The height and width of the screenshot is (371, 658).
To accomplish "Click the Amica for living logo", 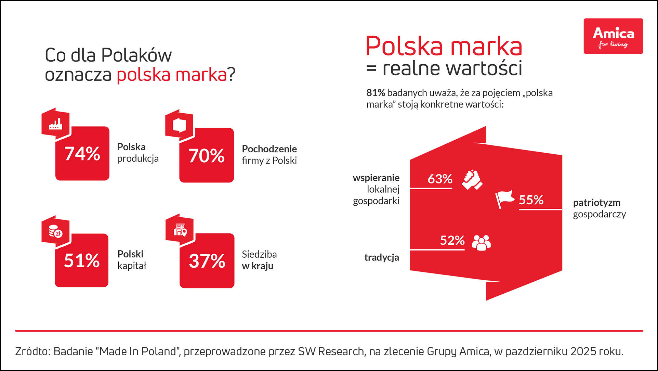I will pyautogui.click(x=613, y=36).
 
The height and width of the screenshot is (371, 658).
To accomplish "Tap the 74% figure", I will pyautogui.click(x=82, y=153).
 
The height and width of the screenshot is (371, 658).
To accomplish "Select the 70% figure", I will pyautogui.click(x=206, y=155).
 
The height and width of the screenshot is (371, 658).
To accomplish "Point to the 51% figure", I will pyautogui.click(x=82, y=260).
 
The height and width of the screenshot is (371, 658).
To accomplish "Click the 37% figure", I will pyautogui.click(x=207, y=261).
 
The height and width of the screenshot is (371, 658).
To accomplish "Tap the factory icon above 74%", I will pyautogui.click(x=55, y=124).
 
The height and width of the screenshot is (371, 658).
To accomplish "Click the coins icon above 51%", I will pyautogui.click(x=55, y=232).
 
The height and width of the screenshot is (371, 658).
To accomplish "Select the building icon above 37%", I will pyautogui.click(x=180, y=230).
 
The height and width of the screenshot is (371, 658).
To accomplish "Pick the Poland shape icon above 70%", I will pyautogui.click(x=180, y=125).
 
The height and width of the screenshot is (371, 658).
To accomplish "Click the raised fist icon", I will pyautogui.click(x=472, y=179).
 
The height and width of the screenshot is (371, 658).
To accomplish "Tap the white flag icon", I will pyautogui.click(x=504, y=199).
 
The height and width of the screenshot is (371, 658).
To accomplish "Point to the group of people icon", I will pyautogui.click(x=481, y=242).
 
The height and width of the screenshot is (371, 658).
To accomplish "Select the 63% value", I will pyautogui.click(x=440, y=179).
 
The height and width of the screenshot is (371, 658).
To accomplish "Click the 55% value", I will pyautogui.click(x=531, y=200).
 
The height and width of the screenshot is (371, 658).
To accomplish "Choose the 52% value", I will pyautogui.click(x=452, y=240).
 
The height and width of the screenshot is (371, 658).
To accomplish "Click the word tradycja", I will pyautogui.click(x=382, y=257).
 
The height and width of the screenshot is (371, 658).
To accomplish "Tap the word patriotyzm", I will pyautogui.click(x=596, y=203).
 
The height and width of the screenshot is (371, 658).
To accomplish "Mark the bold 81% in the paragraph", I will pyautogui.click(x=376, y=93).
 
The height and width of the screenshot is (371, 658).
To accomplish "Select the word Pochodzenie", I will pyautogui.click(x=269, y=149).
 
